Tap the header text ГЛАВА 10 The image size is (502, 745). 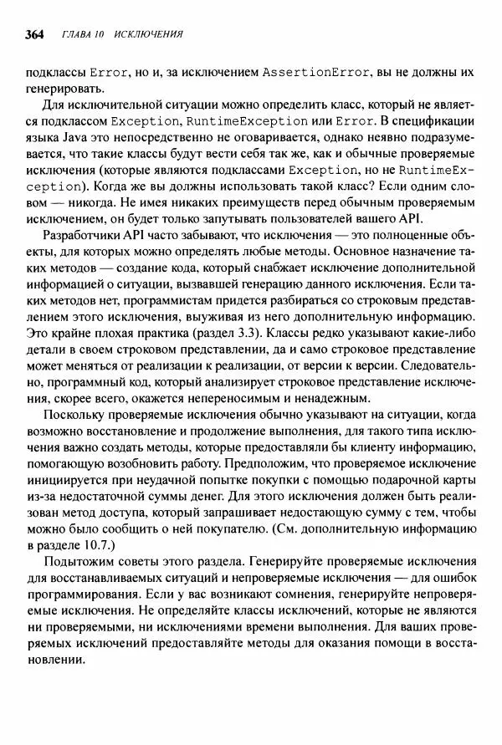tap(81, 35)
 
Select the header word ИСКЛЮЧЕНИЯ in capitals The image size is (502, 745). tap(149, 35)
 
